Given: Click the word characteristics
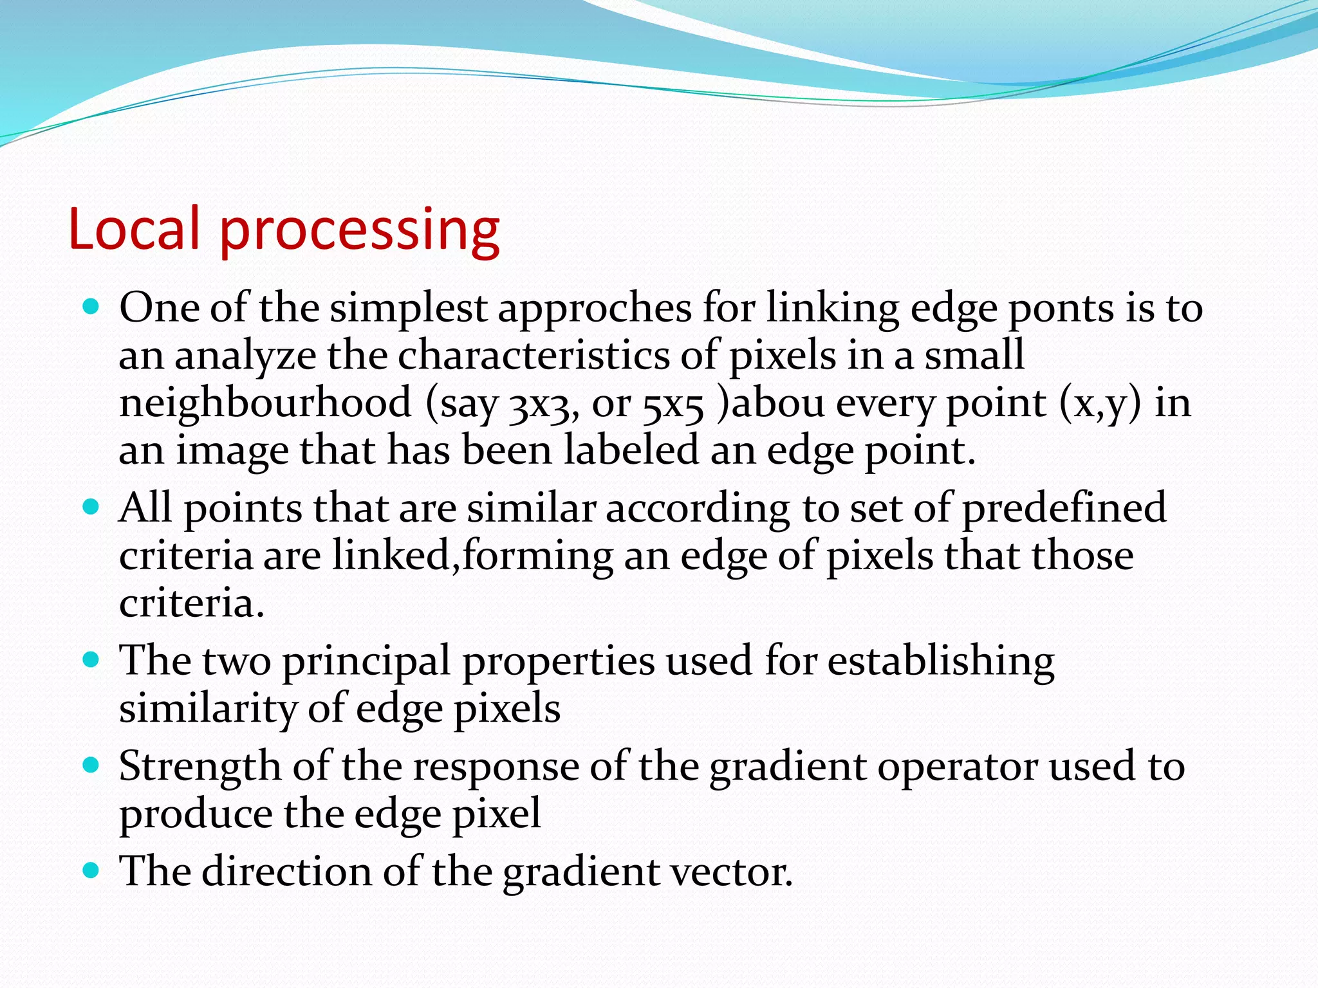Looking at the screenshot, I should point(534,356).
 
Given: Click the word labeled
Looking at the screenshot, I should point(631,450).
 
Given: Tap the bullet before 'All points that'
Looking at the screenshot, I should point(92,507).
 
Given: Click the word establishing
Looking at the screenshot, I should point(940,661).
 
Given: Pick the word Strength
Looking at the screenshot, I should point(200,767).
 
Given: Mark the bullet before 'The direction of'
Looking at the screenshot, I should point(92,871).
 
